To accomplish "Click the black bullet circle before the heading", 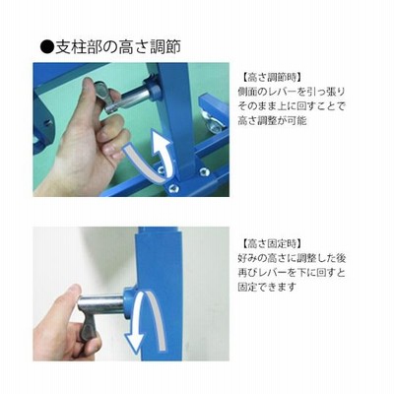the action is pos(46,46).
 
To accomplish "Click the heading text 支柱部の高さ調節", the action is pos(118,46).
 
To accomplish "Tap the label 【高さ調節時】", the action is pos(271,78).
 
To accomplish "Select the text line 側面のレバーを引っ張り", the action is pos(292,92).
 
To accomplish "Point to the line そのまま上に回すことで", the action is pos(292,106).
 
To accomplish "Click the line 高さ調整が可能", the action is pos(272,120).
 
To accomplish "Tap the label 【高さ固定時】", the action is pos(271,243).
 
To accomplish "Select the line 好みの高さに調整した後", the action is pos(292,258).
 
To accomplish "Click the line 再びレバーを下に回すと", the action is pos(292,273).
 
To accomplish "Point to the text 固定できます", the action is pos(267,287).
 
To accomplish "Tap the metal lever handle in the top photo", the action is pos(106,98).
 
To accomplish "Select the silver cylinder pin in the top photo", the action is pos(137,96).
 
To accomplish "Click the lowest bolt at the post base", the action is pos(172,188).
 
